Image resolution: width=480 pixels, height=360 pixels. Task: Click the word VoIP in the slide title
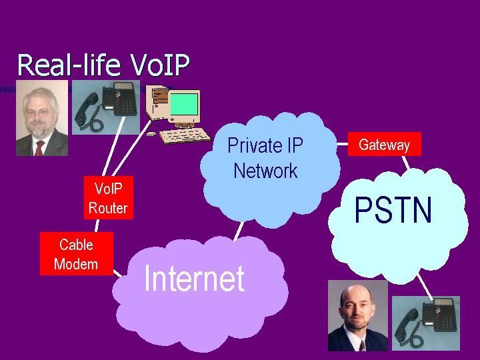(x=160, y=65)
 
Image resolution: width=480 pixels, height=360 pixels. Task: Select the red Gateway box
(x=385, y=144)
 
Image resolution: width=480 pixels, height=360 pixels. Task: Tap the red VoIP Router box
(x=109, y=197)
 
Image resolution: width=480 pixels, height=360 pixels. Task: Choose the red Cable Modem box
(x=77, y=254)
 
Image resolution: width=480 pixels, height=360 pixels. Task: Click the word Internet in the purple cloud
(x=194, y=278)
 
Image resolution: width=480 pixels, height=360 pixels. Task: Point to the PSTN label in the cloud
(x=393, y=210)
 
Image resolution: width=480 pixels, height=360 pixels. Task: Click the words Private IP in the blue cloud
(x=265, y=145)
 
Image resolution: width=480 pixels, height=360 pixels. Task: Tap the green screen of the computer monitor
(x=184, y=104)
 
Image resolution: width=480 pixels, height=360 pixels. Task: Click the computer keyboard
(x=185, y=135)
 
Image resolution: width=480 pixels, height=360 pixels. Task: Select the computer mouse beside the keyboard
(x=151, y=134)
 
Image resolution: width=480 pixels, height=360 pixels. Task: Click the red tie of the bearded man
(x=39, y=148)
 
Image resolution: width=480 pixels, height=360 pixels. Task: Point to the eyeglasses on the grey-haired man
(x=37, y=113)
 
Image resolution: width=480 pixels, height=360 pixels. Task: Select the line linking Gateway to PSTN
(x=406, y=163)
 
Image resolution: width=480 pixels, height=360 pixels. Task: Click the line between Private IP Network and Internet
(x=239, y=231)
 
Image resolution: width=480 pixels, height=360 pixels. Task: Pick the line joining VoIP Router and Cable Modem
(x=97, y=225)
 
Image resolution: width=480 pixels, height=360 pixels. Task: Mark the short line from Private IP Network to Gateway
(x=342, y=144)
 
